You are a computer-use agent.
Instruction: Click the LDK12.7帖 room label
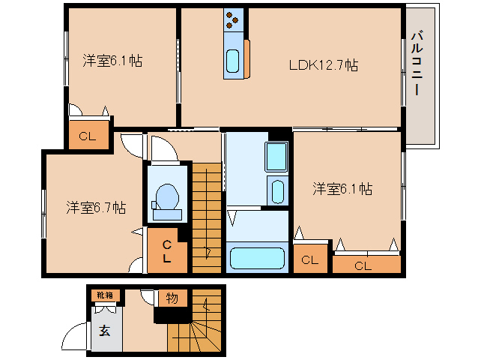(323, 65)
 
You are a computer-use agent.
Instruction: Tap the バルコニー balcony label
(418, 64)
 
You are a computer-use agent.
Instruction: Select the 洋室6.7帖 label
(95, 206)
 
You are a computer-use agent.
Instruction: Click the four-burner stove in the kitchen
(234, 22)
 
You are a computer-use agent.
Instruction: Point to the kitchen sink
(233, 59)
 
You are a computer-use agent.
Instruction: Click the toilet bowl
(165, 198)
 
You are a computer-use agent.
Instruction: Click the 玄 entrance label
(104, 331)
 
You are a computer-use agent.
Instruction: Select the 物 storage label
(172, 298)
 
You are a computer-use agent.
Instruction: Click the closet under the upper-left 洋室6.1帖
(88, 136)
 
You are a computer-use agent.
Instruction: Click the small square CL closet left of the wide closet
(309, 259)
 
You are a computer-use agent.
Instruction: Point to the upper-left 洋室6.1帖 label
(112, 61)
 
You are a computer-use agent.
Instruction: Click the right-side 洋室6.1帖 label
(342, 189)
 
